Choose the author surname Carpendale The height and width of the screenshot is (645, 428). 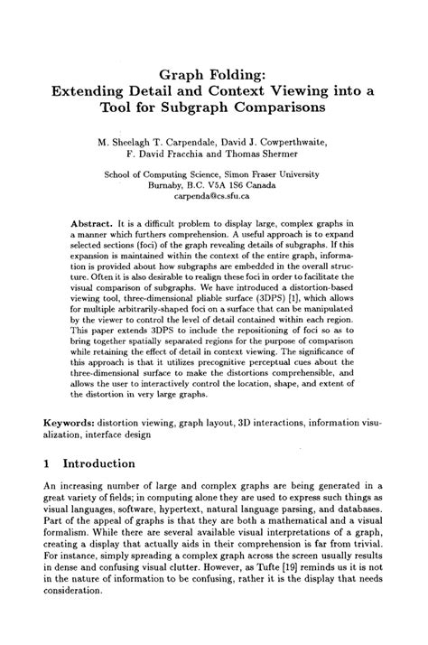click(185, 142)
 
